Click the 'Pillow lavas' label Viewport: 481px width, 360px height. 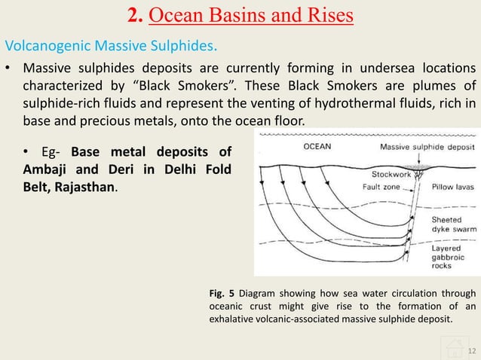pos(452,185)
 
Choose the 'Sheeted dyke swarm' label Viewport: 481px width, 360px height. pos(452,225)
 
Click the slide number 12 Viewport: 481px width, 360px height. pos(472,351)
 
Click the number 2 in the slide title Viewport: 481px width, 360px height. pos(129,15)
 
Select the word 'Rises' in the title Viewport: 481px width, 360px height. pos(325,15)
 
